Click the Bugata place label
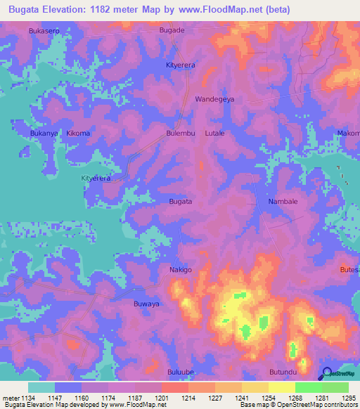coord(181,202)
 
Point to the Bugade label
coord(172,31)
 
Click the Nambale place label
coord(283,202)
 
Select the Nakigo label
coord(181,270)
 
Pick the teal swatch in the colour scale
coord(41,387)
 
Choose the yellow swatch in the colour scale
coord(281,387)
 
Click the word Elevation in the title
coord(70,10)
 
